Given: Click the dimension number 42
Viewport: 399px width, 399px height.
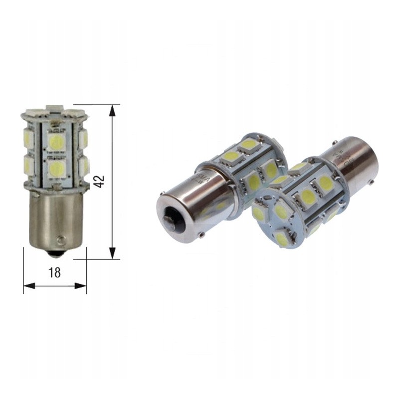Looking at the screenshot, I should coord(100,182).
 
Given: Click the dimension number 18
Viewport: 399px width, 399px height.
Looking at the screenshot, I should coord(55,272).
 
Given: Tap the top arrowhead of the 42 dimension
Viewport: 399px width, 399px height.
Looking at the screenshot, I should coord(113,110).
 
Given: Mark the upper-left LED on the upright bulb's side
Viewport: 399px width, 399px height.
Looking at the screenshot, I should coord(28,137).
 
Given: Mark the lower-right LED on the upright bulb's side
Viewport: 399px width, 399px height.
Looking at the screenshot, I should coord(83,166).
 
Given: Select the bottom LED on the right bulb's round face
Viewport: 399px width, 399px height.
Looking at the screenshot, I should coord(282,239).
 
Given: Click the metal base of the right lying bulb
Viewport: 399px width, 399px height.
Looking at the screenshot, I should coord(355,160).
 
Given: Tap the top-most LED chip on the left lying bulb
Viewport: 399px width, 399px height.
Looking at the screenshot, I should coord(248,144).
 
